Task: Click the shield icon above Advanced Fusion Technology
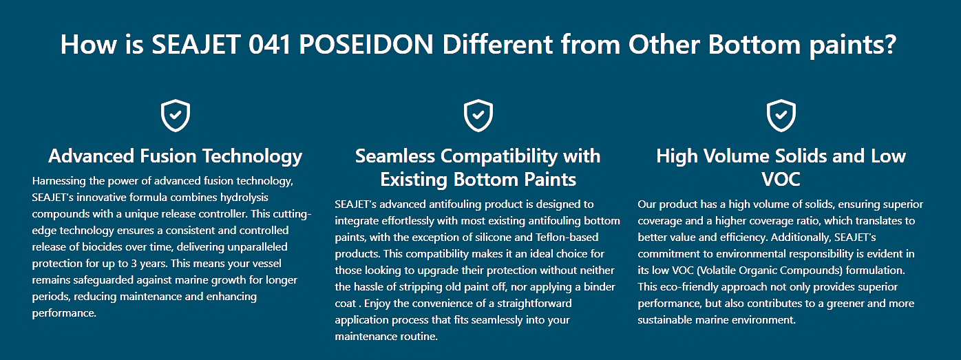pyautogui.click(x=176, y=116)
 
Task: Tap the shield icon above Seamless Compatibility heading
pyautogui.click(x=478, y=116)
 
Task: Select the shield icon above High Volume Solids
pyautogui.click(x=781, y=116)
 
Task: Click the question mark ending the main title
pyautogui.click(x=890, y=45)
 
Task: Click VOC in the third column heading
pyautogui.click(x=781, y=180)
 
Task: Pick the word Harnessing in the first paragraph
pyautogui.click(x=58, y=181)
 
